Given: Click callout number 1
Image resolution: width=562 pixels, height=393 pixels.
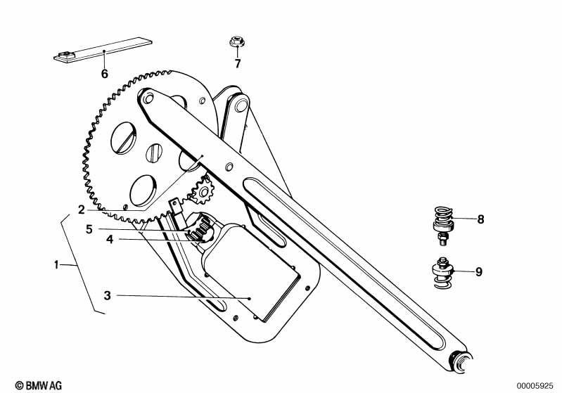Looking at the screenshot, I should pyautogui.click(x=56, y=265).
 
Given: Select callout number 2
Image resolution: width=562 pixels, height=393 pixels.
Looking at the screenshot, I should pyautogui.click(x=82, y=210).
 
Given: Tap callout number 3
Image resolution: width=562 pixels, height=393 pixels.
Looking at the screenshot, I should pyautogui.click(x=107, y=296).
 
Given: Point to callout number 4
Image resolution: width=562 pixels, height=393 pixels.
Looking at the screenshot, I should pyautogui.click(x=109, y=240).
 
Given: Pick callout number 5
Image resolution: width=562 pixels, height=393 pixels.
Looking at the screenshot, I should pyautogui.click(x=89, y=228).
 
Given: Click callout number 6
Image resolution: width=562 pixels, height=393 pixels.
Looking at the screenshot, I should pyautogui.click(x=105, y=73).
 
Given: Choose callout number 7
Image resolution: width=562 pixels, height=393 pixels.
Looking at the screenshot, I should pyautogui.click(x=237, y=64).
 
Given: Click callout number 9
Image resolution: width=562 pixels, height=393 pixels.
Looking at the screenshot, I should pyautogui.click(x=478, y=272).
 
